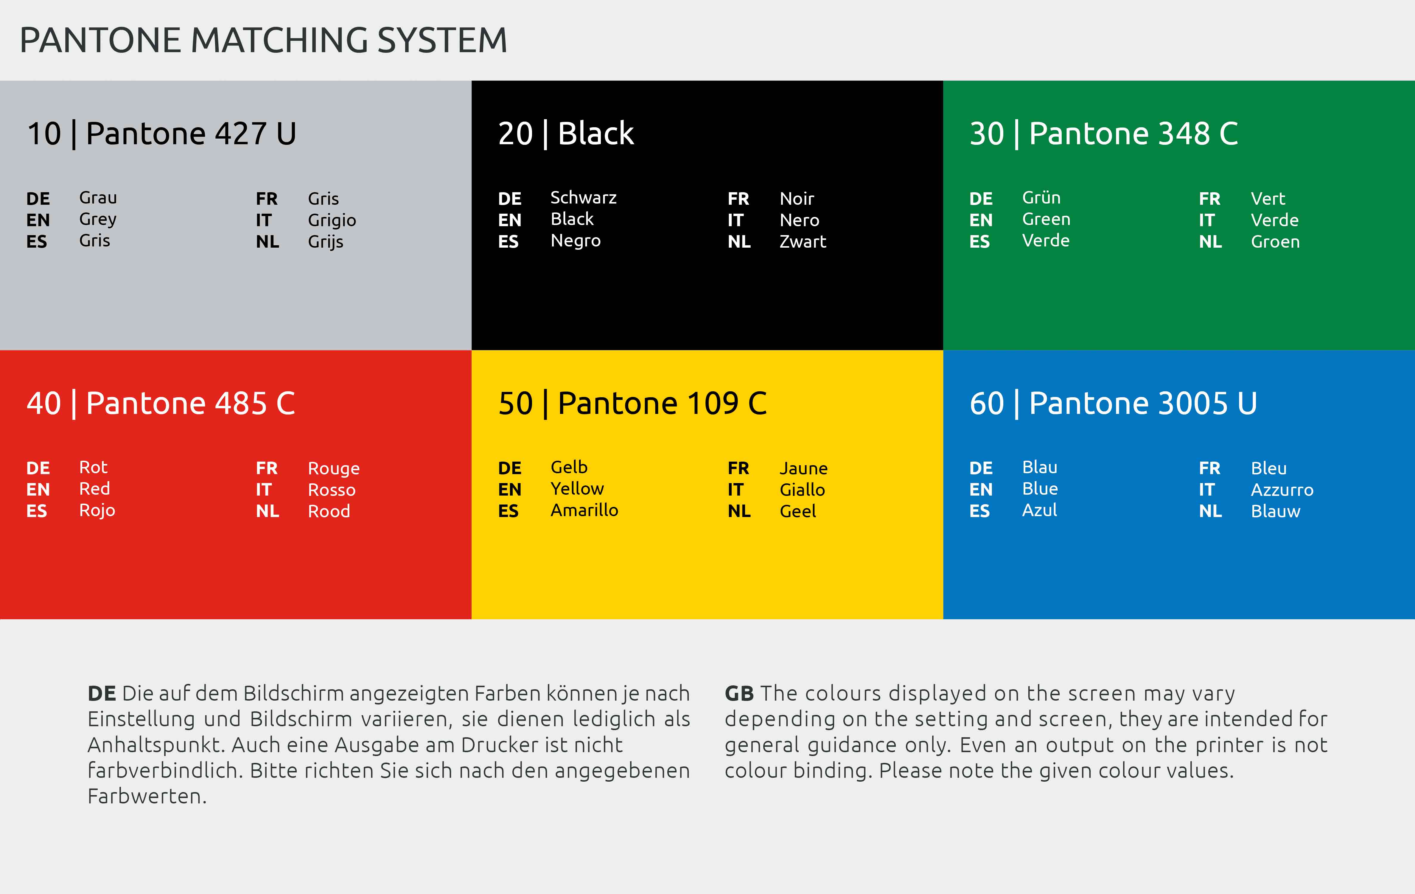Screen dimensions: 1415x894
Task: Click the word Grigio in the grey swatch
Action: click(x=332, y=221)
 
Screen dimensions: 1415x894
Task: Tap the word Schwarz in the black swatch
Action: click(x=584, y=198)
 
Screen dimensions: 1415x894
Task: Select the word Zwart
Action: click(x=803, y=242)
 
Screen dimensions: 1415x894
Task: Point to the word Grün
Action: click(x=1041, y=198)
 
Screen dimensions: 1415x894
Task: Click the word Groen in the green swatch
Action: click(x=1275, y=242)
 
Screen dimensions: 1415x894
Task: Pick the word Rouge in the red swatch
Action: click(x=334, y=468)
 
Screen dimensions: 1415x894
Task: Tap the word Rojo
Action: click(x=97, y=510)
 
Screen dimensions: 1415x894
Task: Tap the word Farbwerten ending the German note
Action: click(x=147, y=797)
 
